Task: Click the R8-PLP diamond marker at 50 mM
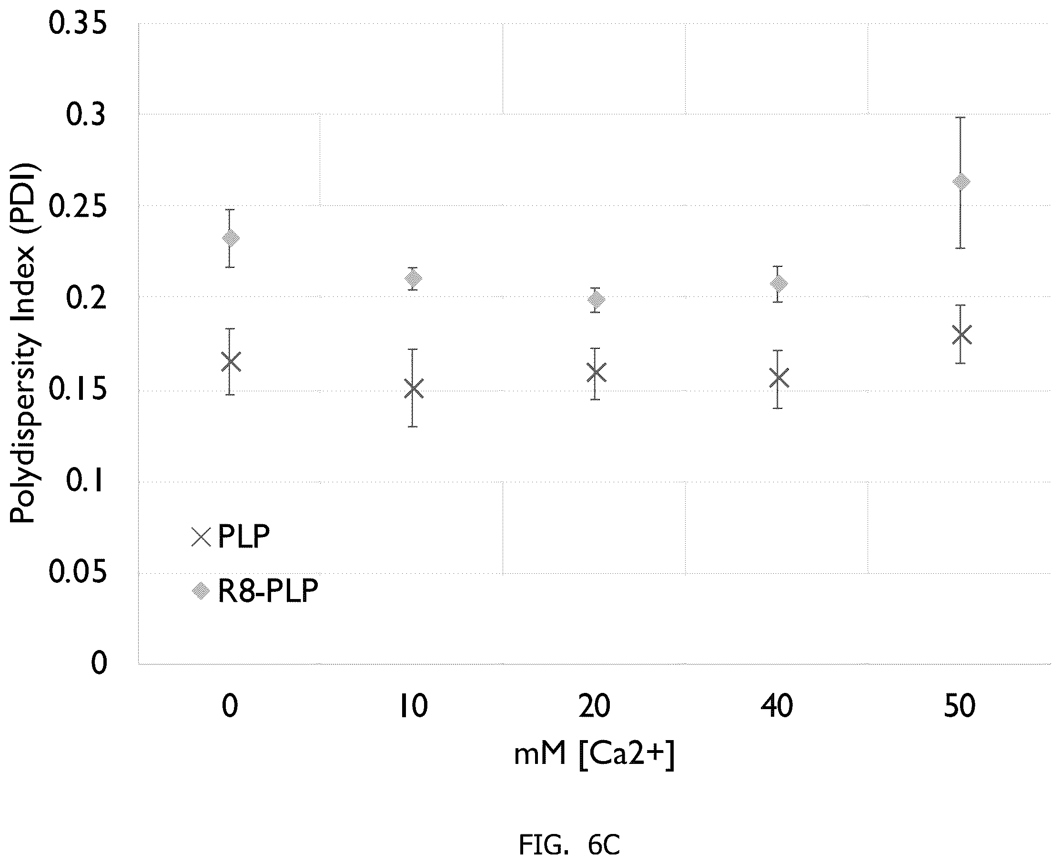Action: point(961,182)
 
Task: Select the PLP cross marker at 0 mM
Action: point(231,362)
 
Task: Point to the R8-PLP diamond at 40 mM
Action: point(779,284)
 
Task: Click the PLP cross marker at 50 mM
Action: point(961,335)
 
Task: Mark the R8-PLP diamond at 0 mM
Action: point(231,238)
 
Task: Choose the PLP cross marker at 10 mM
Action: point(414,389)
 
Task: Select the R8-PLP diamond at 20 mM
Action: point(596,300)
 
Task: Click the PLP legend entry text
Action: point(244,537)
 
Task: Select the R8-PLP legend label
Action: point(268,591)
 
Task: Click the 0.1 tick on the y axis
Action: point(86,481)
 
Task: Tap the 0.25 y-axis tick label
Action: point(78,206)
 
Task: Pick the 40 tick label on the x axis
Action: point(777,706)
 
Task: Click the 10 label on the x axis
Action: point(414,706)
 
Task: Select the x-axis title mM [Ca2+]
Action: point(594,754)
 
